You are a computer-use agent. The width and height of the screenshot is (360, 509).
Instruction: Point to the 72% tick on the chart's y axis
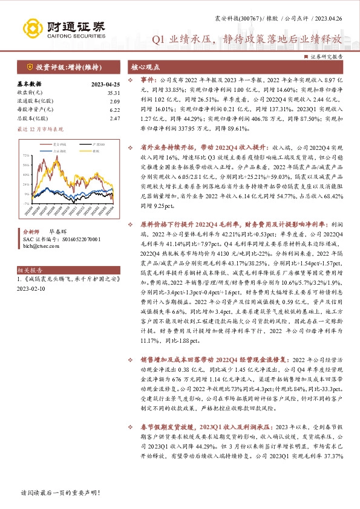point(25,155)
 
